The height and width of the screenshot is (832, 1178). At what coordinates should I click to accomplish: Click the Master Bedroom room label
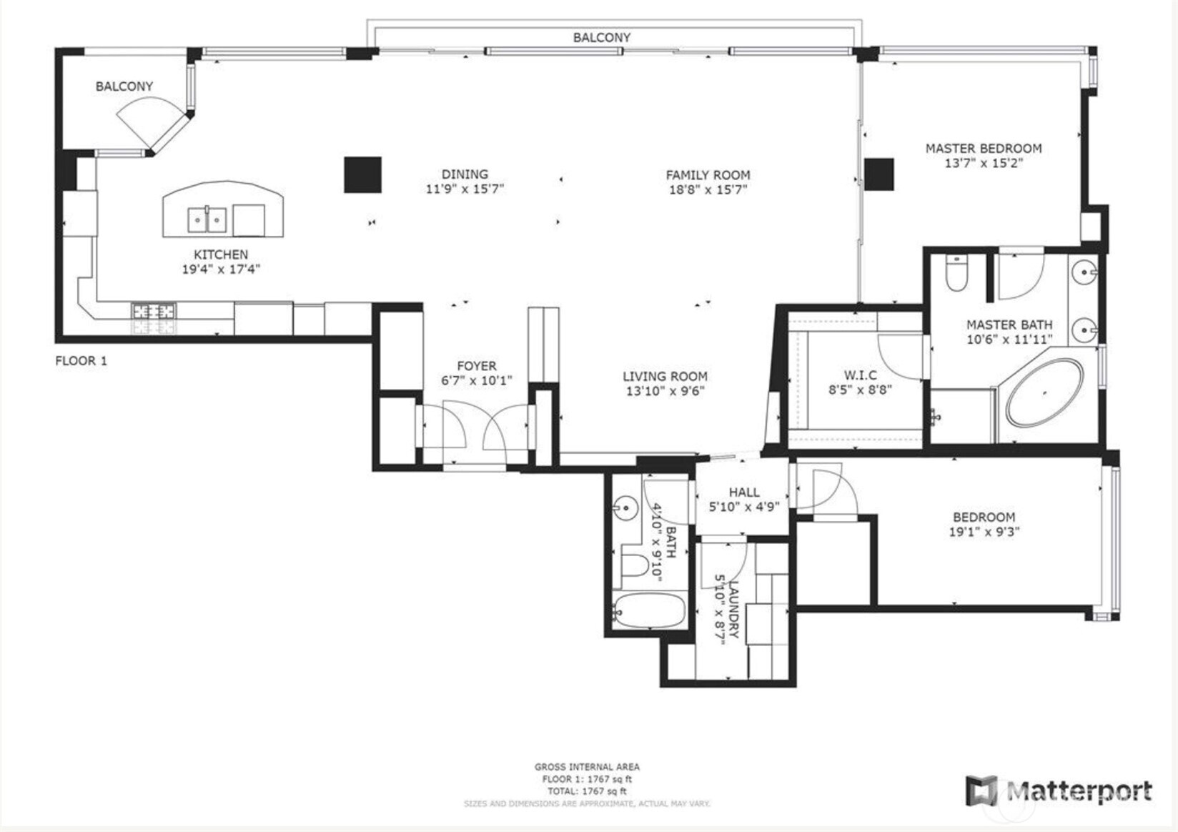click(x=983, y=149)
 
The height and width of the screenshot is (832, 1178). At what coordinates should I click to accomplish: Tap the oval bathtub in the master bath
click(x=1044, y=393)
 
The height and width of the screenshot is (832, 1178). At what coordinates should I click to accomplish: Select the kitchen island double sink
click(x=207, y=220)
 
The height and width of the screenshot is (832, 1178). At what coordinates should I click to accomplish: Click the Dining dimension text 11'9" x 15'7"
click(x=465, y=189)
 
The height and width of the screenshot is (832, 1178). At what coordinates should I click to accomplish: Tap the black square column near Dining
click(x=362, y=175)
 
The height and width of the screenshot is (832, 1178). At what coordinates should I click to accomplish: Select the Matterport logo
click(x=1059, y=791)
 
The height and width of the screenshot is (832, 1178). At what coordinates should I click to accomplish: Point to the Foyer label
click(x=476, y=366)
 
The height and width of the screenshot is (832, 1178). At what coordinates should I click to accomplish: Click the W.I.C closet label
click(x=860, y=375)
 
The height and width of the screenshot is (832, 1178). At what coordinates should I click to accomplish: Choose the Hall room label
click(x=743, y=492)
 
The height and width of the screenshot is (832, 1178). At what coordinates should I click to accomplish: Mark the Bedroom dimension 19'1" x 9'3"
click(x=984, y=532)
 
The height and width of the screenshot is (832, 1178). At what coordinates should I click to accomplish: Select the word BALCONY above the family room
click(x=601, y=37)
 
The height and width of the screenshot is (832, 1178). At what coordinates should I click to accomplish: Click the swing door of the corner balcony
click(x=147, y=122)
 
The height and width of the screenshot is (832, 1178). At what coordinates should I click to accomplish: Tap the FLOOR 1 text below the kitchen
click(x=81, y=361)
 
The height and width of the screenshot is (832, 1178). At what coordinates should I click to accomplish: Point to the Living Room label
click(x=664, y=377)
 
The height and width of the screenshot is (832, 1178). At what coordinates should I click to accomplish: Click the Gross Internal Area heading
click(x=587, y=767)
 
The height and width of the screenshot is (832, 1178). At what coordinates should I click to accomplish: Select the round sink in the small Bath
click(x=625, y=508)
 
